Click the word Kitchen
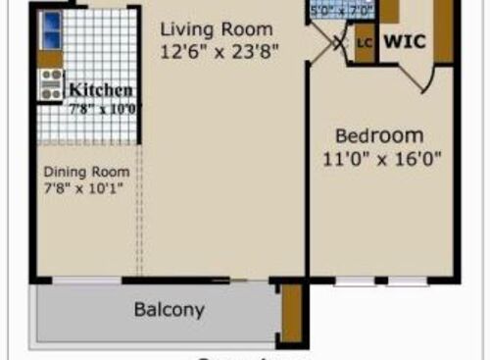99,90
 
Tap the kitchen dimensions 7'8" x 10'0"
102,109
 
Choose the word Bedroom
379,135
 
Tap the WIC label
405,42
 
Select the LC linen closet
366,43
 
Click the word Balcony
170,310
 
